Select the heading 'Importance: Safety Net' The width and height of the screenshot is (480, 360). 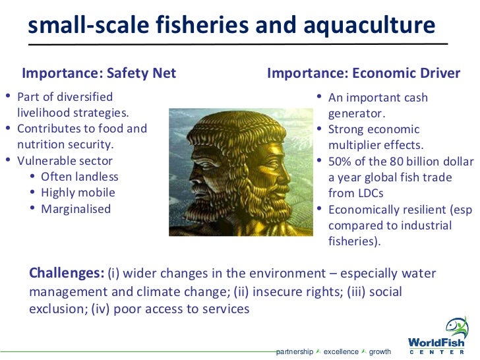coord(99,73)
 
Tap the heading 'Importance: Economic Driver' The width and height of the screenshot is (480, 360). coord(363,73)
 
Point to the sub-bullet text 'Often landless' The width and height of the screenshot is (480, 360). coord(79,177)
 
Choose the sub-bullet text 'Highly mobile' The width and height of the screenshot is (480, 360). coord(78,193)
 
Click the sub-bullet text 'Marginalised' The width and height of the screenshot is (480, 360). coord(76,209)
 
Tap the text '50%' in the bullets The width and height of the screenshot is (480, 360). coord(340,162)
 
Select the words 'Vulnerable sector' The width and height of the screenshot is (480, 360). coord(65,161)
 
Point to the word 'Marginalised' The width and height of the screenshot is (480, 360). coord(76,209)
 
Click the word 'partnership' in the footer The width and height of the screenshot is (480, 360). coord(294,351)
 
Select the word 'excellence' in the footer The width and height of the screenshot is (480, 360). coord(341,351)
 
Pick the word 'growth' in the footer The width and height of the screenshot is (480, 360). coord(380,351)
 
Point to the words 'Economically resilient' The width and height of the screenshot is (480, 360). coord(378,210)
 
